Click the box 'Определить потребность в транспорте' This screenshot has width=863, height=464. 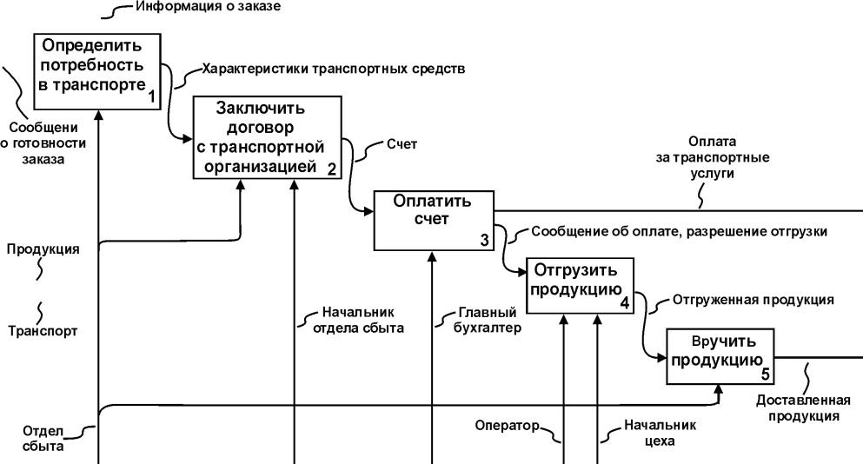click(97, 71)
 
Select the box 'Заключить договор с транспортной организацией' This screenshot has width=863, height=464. click(267, 137)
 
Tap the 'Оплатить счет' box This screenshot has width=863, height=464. click(434, 220)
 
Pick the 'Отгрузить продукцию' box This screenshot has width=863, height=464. click(580, 286)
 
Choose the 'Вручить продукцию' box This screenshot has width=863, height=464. click(720, 356)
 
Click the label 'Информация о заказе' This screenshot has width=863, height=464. click(208, 7)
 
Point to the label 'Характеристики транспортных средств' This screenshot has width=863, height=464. click(334, 70)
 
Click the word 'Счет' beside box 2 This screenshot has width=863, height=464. click(402, 144)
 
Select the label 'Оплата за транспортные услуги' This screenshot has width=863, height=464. click(712, 157)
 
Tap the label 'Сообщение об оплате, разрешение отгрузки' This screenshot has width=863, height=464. click(679, 232)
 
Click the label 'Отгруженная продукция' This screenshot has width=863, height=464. click(753, 300)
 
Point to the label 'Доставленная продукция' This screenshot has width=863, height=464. click(804, 408)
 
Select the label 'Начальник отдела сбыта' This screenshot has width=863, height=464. click(358, 320)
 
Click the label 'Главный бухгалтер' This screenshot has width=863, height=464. click(488, 320)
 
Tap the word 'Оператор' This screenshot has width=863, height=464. click(507, 426)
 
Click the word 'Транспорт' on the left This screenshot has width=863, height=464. click(43, 331)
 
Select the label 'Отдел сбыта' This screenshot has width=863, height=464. click(43, 438)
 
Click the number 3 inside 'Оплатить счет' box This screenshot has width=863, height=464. click(484, 241)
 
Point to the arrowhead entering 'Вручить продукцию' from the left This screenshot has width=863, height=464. click(662, 357)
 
